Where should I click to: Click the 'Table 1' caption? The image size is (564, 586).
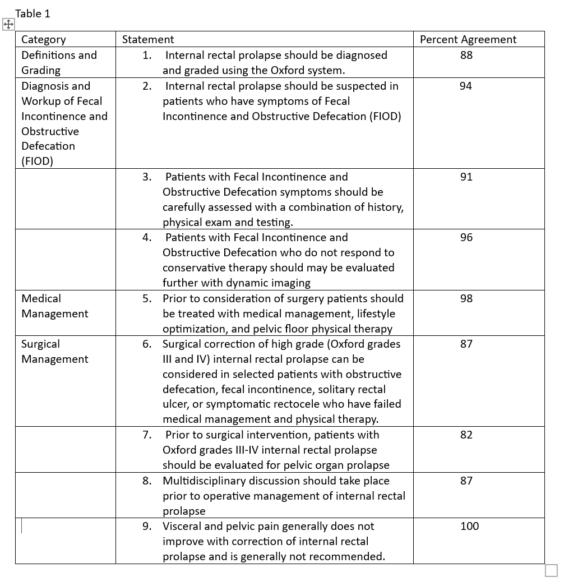pos(33,14)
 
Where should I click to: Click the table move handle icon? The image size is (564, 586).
pos(8,25)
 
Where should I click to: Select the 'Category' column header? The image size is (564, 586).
pos(43,39)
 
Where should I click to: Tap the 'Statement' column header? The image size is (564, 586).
pos(148,39)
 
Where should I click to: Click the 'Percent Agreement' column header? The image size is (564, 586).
pos(468,39)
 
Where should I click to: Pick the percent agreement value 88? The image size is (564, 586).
pos(466,55)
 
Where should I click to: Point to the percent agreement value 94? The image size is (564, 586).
pos(466,86)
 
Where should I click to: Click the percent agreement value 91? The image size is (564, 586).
pos(466,177)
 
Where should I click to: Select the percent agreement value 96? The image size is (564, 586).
pos(466,237)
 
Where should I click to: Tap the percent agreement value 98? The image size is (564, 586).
pos(466,298)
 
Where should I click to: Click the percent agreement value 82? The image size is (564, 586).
pos(466,435)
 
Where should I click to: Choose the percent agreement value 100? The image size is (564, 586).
pos(469,526)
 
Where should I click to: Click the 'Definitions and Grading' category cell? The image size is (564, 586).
pos(59,62)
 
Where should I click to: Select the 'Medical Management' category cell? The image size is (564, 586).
pos(54,306)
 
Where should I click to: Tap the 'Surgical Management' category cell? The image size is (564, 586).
pos(54,351)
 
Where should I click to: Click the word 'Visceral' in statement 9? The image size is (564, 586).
pos(182,526)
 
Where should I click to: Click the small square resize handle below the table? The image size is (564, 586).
pos(551,570)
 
